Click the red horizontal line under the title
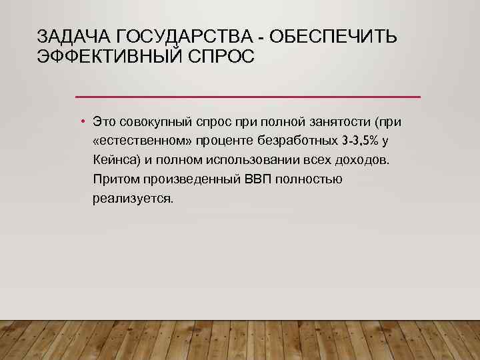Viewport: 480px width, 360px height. (247, 97)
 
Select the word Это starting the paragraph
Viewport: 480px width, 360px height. (105, 122)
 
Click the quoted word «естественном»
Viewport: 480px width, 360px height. (143, 141)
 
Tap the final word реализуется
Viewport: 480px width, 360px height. (133, 199)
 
